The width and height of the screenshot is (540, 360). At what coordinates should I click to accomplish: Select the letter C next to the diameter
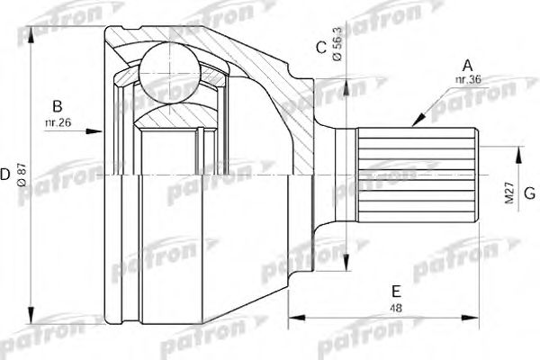coord(320,48)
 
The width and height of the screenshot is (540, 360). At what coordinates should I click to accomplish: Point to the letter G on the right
coord(530,193)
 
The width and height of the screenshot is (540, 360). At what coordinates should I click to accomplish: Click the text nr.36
coord(466,79)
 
